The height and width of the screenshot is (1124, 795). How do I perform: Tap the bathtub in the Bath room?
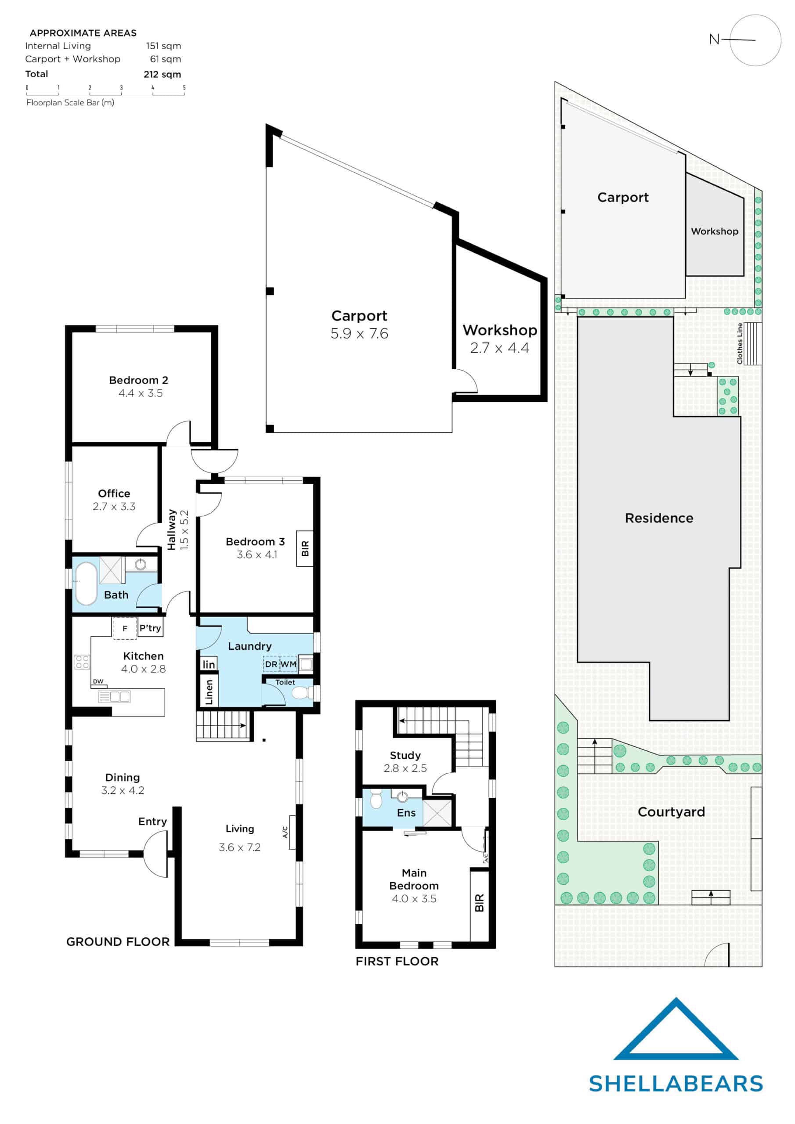86,584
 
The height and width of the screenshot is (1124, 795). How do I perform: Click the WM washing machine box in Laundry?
288,664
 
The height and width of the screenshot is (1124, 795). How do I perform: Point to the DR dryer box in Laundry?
271,664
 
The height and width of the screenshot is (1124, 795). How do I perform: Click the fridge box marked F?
125,629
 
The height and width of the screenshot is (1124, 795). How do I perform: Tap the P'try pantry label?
150,628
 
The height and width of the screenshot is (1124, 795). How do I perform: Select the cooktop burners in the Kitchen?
82,662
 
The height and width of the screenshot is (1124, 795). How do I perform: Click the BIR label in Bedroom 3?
305,548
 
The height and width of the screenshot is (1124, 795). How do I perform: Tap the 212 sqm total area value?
162,74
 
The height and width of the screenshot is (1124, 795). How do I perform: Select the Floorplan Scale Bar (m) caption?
70,102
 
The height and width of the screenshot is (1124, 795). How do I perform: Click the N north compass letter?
714,39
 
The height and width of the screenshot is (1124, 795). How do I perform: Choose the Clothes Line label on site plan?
740,343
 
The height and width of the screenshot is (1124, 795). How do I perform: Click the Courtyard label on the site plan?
671,812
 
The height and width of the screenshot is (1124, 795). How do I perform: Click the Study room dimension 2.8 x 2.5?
405,768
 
